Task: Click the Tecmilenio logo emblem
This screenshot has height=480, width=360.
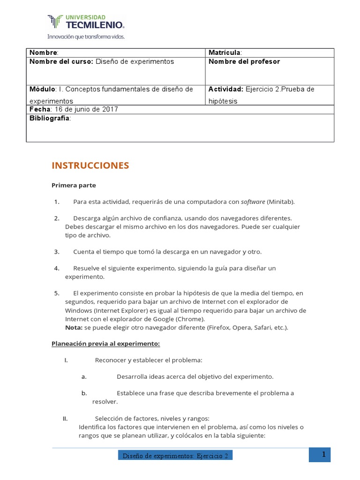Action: pyautogui.click(x=55, y=22)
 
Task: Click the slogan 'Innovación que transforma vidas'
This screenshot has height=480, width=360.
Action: pyautogui.click(x=86, y=36)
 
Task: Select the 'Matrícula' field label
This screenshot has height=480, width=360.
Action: pyautogui.click(x=225, y=52)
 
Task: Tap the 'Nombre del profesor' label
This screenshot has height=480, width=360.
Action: pyautogui.click(x=244, y=62)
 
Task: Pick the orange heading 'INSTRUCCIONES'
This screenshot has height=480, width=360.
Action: pyautogui.click(x=90, y=165)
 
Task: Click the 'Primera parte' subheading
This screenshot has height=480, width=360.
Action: pyautogui.click(x=74, y=185)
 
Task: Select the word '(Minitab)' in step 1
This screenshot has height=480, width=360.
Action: pyautogui.click(x=280, y=202)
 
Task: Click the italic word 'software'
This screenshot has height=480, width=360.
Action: pyautogui.click(x=253, y=202)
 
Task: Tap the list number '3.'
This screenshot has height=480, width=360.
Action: pyautogui.click(x=57, y=252)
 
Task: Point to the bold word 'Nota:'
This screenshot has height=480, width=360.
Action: pyautogui.click(x=74, y=327)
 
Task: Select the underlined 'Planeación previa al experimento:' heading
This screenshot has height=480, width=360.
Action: pyautogui.click(x=105, y=344)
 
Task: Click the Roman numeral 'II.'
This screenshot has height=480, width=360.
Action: pyautogui.click(x=66, y=419)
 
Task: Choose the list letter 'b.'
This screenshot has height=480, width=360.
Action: pyautogui.click(x=84, y=393)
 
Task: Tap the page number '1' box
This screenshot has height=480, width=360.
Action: pyautogui.click(x=323, y=454)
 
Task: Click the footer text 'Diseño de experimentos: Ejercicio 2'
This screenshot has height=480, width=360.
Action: pyautogui.click(x=175, y=456)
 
